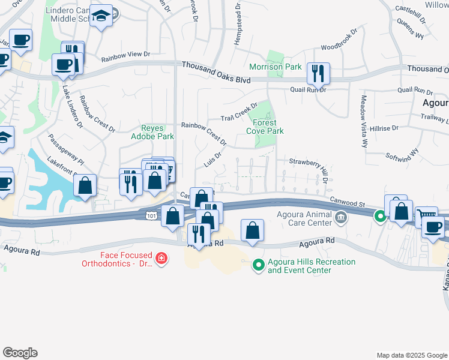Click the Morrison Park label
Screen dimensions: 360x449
tap(276, 67)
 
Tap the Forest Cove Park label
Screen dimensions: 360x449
tap(265, 127)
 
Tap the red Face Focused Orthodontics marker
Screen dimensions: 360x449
tap(161, 259)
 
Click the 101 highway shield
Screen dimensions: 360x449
tap(148, 215)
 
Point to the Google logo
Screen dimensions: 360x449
tap(20, 353)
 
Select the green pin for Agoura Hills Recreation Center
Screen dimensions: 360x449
tap(258, 264)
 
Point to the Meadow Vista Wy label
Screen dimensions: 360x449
tap(364, 121)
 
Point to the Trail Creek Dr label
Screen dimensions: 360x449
tap(238, 112)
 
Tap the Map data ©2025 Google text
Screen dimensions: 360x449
tap(411, 355)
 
